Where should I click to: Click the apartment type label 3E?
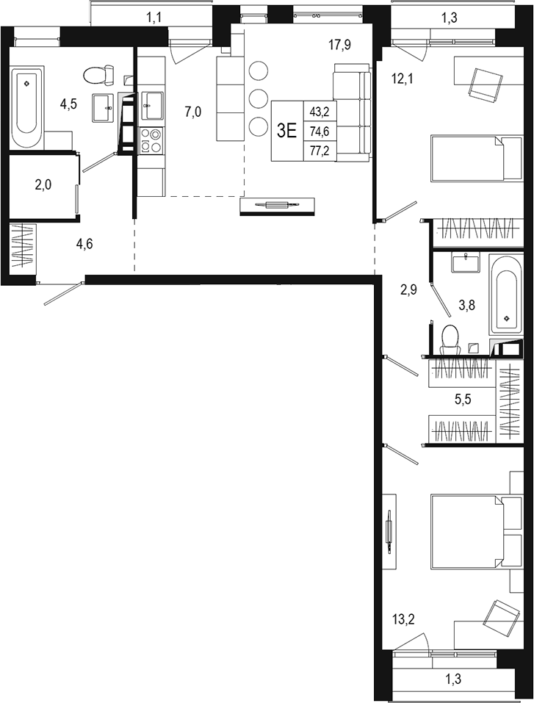(x=286, y=131)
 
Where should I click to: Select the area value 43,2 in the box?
(x=320, y=112)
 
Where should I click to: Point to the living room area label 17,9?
(x=339, y=46)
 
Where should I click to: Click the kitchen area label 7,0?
(x=193, y=112)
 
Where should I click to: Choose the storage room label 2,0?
(x=43, y=185)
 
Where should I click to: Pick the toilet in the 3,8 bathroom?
(x=447, y=339)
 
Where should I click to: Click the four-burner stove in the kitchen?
(x=151, y=140)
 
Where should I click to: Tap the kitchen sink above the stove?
(x=152, y=104)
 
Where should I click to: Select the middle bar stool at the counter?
(x=259, y=98)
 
